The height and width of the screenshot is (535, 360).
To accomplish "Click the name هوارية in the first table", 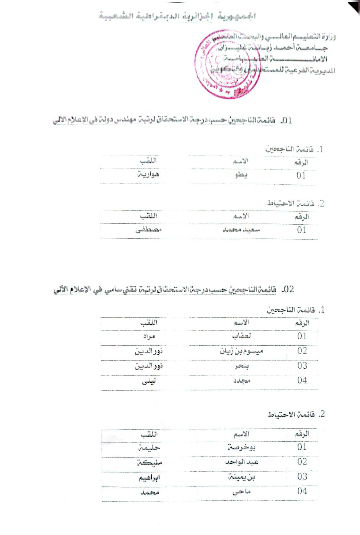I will [x=148, y=175].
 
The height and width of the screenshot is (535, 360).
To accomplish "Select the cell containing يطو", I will [x=241, y=175].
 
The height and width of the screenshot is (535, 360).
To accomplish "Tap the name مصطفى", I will [x=148, y=230].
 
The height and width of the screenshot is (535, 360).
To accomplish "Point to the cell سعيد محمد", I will [x=241, y=230].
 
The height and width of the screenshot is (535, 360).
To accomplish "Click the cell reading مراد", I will [x=149, y=336].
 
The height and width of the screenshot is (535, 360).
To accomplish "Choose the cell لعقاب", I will [x=241, y=336].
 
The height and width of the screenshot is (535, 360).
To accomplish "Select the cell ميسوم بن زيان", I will [x=242, y=351].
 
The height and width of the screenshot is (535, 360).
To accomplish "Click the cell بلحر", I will [x=241, y=366].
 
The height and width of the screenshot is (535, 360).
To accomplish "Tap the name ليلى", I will [x=149, y=381].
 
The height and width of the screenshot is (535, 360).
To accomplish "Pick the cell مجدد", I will [x=241, y=381].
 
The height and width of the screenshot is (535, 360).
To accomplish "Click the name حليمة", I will [x=149, y=448].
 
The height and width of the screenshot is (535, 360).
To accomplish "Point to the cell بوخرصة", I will [x=242, y=448].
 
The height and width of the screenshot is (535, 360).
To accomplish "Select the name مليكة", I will [x=149, y=462].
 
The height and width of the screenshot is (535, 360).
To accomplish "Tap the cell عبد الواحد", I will [x=242, y=462].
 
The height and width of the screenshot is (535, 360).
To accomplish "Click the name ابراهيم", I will [x=149, y=477].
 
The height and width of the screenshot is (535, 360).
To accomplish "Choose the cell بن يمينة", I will [x=242, y=477].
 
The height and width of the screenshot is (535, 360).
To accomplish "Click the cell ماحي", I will [x=242, y=492].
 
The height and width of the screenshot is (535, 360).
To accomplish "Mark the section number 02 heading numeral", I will [x=288, y=289].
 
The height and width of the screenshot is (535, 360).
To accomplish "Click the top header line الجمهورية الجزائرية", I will [x=177, y=16].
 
